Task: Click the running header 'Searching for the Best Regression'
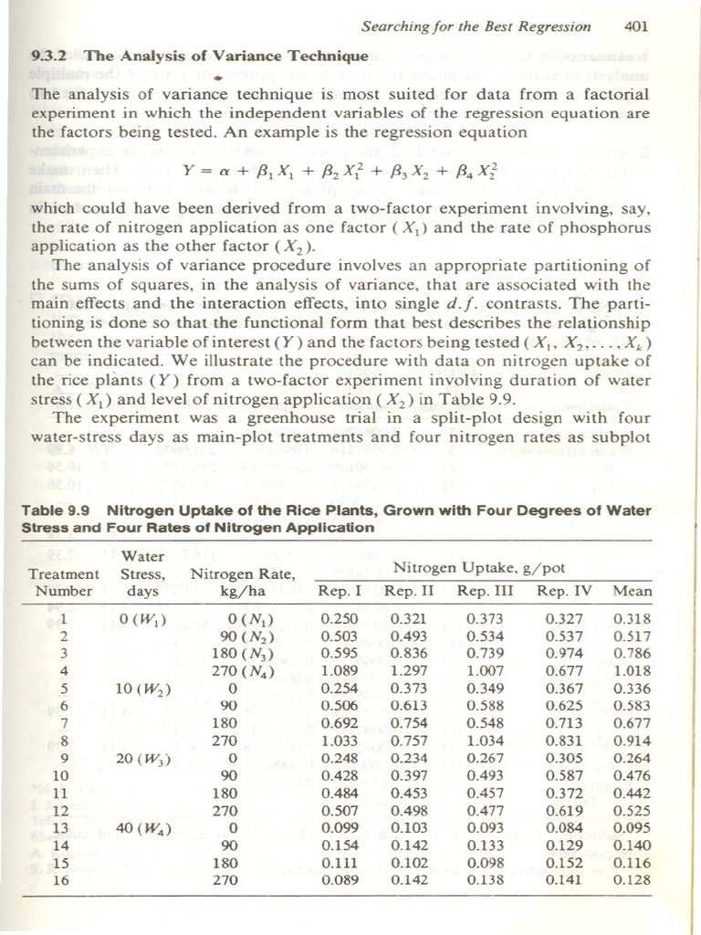[x=475, y=26]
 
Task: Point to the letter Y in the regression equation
[x=188, y=170]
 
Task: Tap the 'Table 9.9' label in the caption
[x=58, y=510]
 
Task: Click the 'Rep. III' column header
[x=485, y=591]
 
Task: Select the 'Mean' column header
[x=633, y=591]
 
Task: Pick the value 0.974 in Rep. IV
[x=564, y=653]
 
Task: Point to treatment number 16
[x=62, y=880]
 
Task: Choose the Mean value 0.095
[x=633, y=828]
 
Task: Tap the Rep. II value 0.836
[x=408, y=653]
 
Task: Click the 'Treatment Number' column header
[x=63, y=582]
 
